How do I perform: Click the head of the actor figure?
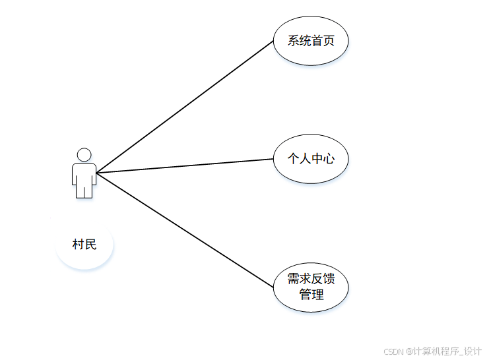point(84,154)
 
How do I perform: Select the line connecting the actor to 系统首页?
point(185,107)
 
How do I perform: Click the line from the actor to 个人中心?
point(185,165)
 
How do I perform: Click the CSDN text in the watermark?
point(393,351)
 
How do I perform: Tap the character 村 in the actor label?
point(78,245)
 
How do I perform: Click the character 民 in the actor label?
point(90,245)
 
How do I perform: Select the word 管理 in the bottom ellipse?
point(311,294)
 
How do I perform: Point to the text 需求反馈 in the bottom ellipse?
point(311,279)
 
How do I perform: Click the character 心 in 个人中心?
point(329,159)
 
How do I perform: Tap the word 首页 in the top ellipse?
point(323,41)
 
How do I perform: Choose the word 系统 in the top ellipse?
point(299,41)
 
